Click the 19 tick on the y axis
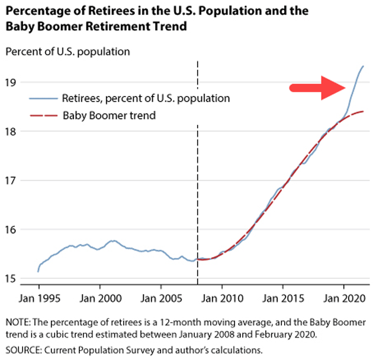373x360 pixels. tap(11, 82)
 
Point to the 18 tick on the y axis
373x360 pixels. tap(11, 131)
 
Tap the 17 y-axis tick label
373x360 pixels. tap(11, 180)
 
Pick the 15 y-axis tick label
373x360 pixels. tap(11, 278)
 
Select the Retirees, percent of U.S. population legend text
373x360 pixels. tap(146, 97)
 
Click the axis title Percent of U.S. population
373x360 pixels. tap(67, 52)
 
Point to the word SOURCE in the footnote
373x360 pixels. tap(22, 351)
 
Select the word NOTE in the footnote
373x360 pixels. tap(17, 322)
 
